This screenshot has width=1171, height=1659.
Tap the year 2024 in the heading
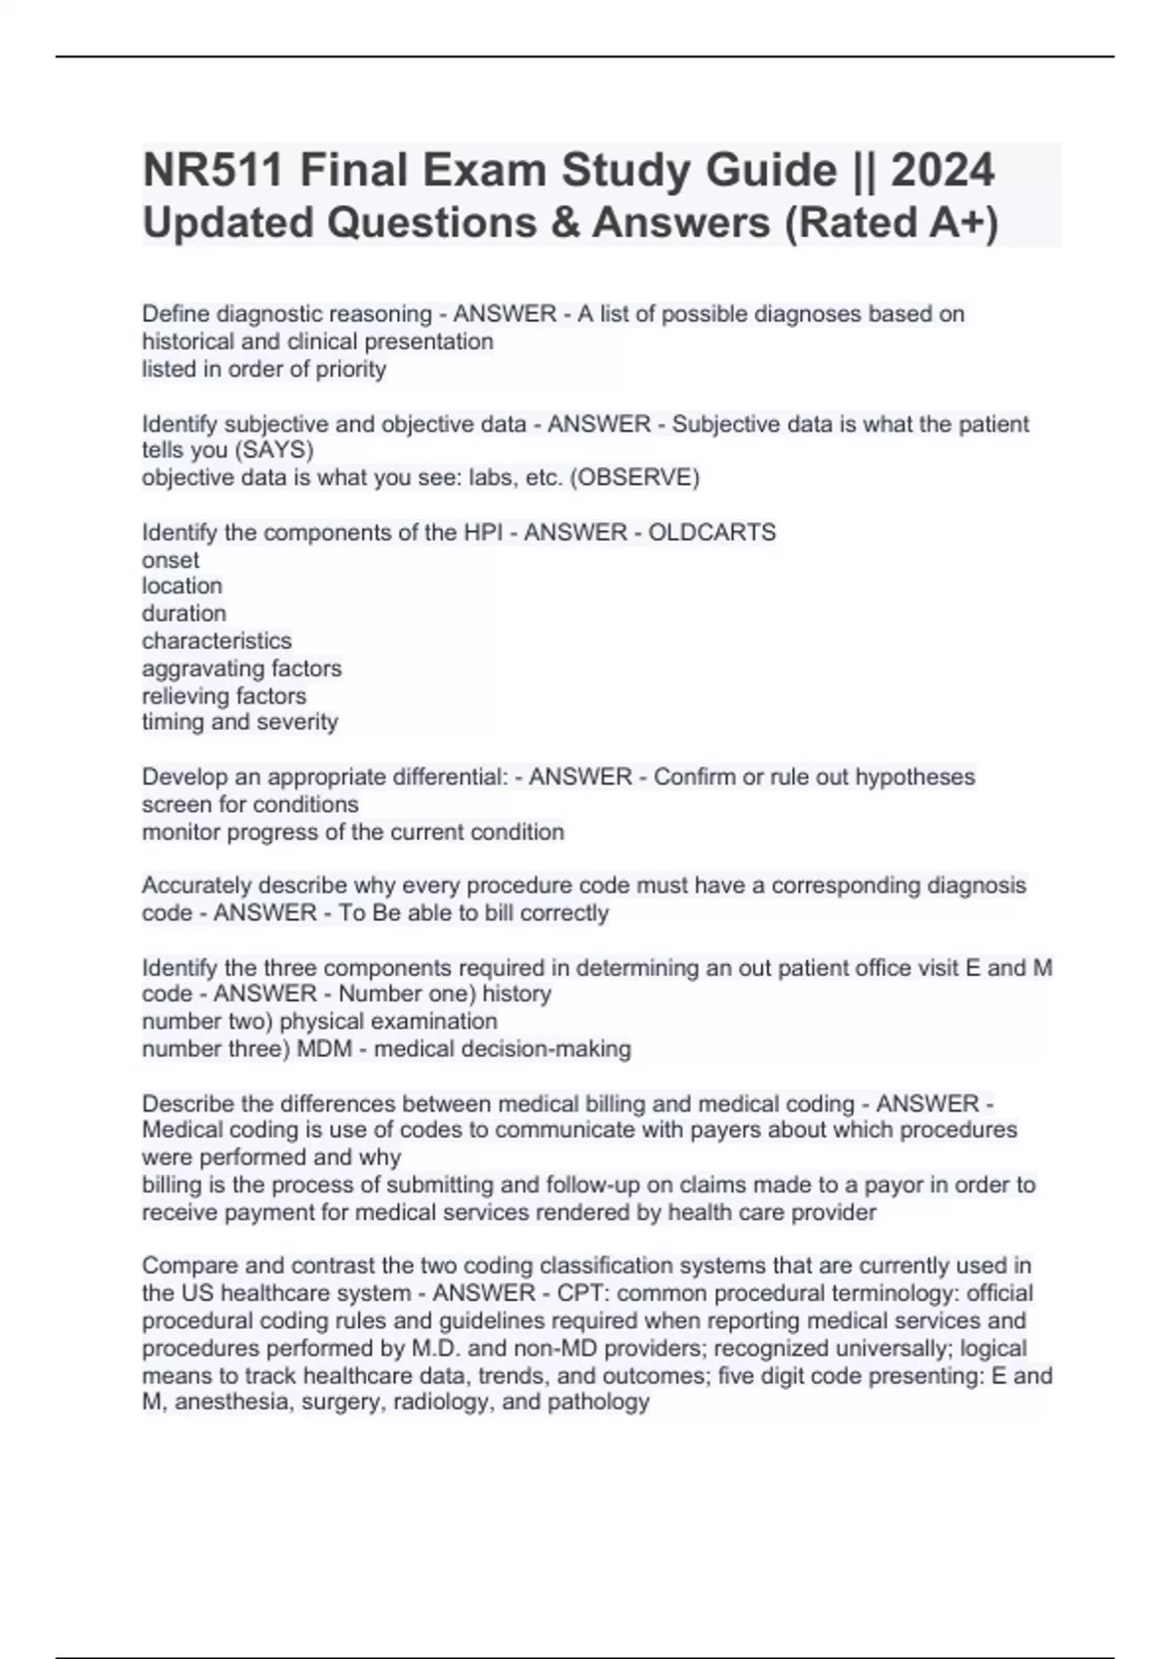pos(943,170)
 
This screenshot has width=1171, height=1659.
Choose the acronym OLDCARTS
pos(712,533)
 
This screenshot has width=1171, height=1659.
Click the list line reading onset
pos(171,560)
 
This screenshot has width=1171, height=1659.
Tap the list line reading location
pos(182,587)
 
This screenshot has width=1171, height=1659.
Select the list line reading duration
pos(184,614)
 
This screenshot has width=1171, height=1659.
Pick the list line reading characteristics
pos(217,641)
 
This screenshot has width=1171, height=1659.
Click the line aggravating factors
pos(242,668)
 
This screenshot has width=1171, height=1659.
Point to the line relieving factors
pos(224,696)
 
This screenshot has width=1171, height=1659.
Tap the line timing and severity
pos(240,722)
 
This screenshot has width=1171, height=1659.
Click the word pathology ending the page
pos(598,1403)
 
